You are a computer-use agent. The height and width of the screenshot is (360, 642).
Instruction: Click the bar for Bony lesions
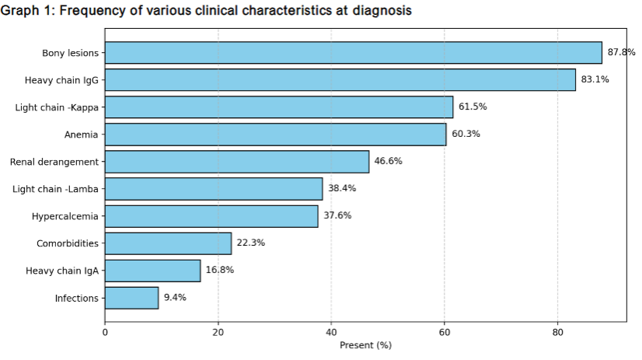pos(353,53)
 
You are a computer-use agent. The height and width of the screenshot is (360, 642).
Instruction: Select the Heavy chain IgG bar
pos(340,80)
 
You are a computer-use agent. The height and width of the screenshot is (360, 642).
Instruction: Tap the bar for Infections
pos(131,298)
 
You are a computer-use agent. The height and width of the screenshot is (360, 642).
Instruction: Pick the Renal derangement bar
pos(236,162)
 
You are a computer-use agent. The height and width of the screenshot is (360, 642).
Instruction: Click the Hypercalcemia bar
pos(211,216)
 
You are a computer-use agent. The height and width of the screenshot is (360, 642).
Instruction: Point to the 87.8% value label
pos(621,53)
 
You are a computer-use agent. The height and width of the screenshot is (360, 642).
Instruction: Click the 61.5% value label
pos(473,107)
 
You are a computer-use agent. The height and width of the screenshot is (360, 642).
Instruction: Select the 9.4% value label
pos(175,298)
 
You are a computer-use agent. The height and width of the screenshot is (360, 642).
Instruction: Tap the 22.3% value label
pos(250,243)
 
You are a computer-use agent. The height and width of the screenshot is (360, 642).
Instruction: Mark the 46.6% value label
pos(389,162)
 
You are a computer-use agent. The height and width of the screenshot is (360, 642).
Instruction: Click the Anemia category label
pos(81,135)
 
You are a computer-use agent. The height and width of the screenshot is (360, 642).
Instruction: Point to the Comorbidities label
pos(68,243)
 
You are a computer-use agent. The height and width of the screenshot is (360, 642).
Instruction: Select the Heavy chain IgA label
pos(62,271)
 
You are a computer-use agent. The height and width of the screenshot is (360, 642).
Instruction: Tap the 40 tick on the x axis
pos(331,333)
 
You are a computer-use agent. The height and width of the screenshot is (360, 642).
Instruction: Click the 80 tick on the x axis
pos(557,333)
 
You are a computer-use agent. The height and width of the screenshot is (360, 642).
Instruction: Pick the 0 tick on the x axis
pos(105,333)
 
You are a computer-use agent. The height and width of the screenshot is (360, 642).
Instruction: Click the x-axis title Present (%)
pos(365,345)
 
